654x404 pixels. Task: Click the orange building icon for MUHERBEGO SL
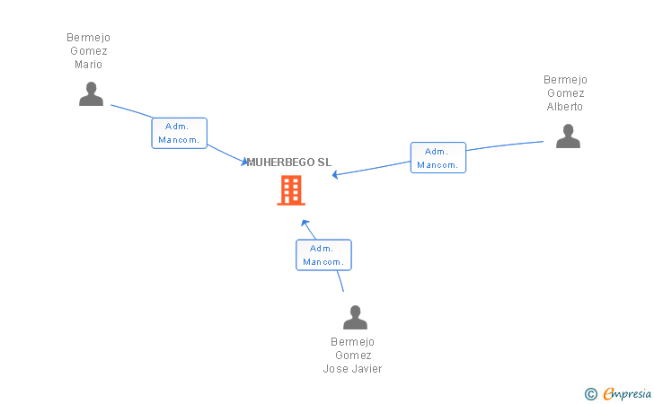pyautogui.click(x=290, y=190)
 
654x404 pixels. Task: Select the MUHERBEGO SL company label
pyautogui.click(x=289, y=162)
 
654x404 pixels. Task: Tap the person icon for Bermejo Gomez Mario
pyautogui.click(x=91, y=93)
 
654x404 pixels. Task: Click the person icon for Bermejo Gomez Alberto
pyautogui.click(x=567, y=136)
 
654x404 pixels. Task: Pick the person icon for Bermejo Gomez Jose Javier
pyautogui.click(x=355, y=317)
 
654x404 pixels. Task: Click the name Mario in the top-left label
pyautogui.click(x=88, y=65)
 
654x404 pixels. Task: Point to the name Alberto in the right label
pyautogui.click(x=565, y=107)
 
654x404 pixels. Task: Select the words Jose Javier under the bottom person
pyautogui.click(x=352, y=369)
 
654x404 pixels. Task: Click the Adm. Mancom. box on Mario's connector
pyautogui.click(x=180, y=133)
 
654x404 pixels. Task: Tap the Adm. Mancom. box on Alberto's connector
pyautogui.click(x=438, y=158)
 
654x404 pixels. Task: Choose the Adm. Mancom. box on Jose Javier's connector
pyautogui.click(x=323, y=255)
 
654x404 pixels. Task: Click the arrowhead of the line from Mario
pyautogui.click(x=245, y=162)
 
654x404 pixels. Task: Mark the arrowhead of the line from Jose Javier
pyautogui.click(x=305, y=222)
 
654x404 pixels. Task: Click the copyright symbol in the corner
pyautogui.click(x=590, y=393)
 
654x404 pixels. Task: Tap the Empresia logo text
pyautogui.click(x=627, y=393)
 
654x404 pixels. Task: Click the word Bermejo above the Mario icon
pyautogui.click(x=88, y=38)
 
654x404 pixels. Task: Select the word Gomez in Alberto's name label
pyautogui.click(x=565, y=93)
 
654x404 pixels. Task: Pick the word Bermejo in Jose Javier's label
pyautogui.click(x=352, y=342)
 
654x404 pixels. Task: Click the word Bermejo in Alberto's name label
pyautogui.click(x=565, y=80)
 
